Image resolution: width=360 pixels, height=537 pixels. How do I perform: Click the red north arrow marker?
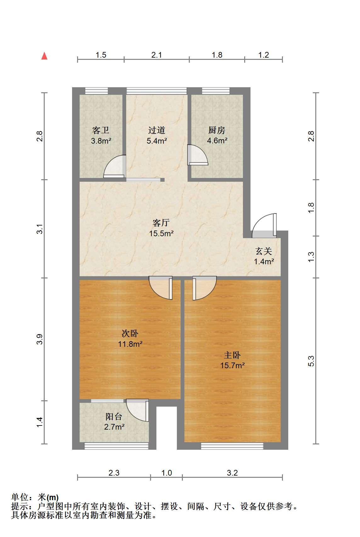tap(44, 56)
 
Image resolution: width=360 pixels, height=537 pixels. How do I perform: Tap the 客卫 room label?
tap(101, 130)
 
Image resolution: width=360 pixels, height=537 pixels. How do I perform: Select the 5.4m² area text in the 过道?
tap(157, 141)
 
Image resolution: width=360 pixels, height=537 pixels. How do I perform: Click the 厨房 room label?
tap(217, 130)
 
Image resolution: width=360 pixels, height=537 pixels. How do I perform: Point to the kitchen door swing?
tap(198, 155)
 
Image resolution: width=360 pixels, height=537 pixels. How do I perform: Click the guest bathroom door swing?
tap(115, 166)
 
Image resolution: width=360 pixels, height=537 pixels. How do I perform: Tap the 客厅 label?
tap(161, 223)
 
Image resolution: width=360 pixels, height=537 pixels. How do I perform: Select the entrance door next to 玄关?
tap(264, 226)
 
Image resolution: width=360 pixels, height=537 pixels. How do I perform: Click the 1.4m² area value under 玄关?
tap(264, 261)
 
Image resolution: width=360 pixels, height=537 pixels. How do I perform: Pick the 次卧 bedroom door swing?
tap(160, 288)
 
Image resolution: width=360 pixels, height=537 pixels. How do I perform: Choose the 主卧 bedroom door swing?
tap(205, 288)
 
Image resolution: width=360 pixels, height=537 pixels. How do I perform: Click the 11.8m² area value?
tap(130, 344)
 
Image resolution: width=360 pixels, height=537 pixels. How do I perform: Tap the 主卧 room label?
tap(232, 355)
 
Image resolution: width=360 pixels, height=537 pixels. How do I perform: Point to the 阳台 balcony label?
tap(114, 416)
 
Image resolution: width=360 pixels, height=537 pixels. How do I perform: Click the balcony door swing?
tap(138, 410)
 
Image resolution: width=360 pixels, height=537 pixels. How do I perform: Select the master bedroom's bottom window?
tap(232, 446)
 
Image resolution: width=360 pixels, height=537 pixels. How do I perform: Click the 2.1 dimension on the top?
tap(156, 55)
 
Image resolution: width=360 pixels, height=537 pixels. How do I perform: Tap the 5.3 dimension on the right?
tap(311, 361)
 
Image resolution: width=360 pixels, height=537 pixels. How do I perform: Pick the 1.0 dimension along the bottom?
tap(166, 473)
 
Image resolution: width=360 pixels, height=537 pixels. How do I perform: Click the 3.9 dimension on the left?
tap(40, 339)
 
